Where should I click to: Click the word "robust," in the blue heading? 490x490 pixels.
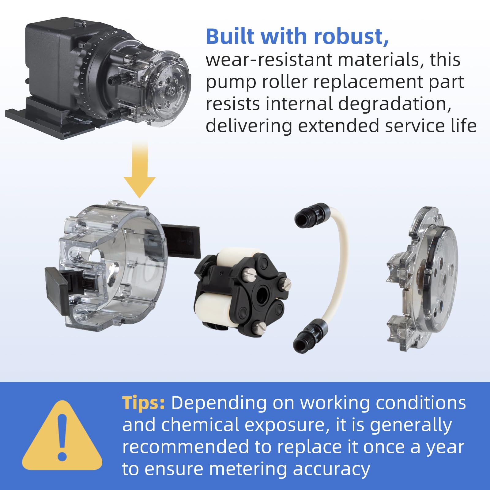(x=351, y=36)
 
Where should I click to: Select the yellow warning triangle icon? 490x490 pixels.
(x=62, y=435)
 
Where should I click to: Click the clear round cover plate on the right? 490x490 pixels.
(x=423, y=279)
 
